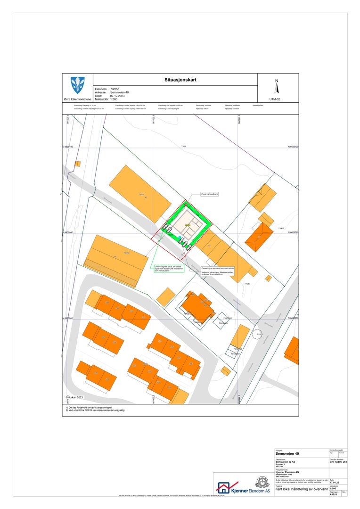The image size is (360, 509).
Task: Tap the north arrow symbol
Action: (277, 88)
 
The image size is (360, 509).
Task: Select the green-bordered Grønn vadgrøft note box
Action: (168, 269)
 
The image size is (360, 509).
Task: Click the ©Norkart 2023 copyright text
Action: (77, 398)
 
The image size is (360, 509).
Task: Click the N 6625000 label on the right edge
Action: (293, 319)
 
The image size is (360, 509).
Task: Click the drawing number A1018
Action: (334, 494)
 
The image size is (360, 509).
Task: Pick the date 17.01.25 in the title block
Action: (335, 482)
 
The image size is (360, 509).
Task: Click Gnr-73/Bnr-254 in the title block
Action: (338, 462)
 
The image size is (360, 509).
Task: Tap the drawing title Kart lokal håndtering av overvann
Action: (301, 489)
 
